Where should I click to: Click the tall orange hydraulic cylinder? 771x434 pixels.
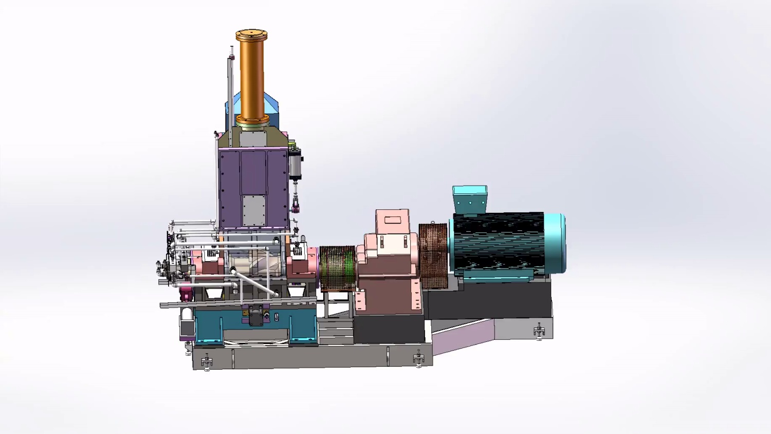[x=251, y=77]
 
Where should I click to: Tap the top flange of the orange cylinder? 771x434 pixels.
[x=251, y=35]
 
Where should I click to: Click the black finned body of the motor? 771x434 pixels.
[x=498, y=242]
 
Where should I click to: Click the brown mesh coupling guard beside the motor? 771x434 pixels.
[x=432, y=256]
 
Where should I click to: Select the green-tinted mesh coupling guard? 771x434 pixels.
[x=337, y=268]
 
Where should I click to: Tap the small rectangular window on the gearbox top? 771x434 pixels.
[x=393, y=220]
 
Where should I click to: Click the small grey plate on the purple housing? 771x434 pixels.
[x=254, y=210]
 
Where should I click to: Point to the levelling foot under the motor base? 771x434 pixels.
[x=539, y=331]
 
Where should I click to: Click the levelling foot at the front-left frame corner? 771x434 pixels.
[x=207, y=361]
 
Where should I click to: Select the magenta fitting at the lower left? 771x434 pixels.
[x=186, y=294]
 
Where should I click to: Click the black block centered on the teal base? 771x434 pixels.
[x=256, y=317]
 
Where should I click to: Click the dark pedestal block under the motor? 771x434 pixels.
[x=488, y=303]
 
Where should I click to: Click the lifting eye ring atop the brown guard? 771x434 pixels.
[x=432, y=223]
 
